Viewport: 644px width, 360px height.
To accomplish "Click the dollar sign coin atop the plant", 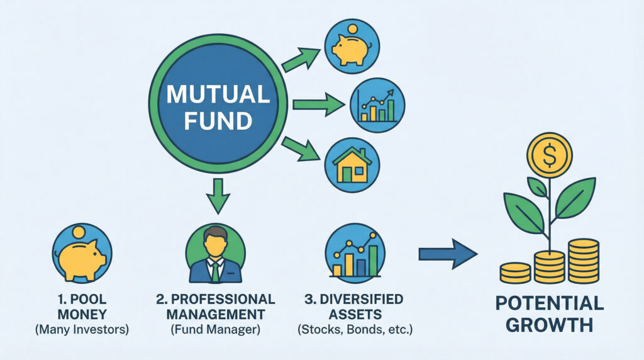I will pyautogui.click(x=550, y=155).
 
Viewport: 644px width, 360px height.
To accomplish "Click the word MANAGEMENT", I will pyautogui.click(x=215, y=313).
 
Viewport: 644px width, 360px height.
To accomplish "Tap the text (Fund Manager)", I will pyautogui.click(x=215, y=328).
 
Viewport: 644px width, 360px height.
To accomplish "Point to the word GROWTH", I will pyautogui.click(x=549, y=325).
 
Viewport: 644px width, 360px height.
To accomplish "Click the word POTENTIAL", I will pyautogui.click(x=549, y=303).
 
